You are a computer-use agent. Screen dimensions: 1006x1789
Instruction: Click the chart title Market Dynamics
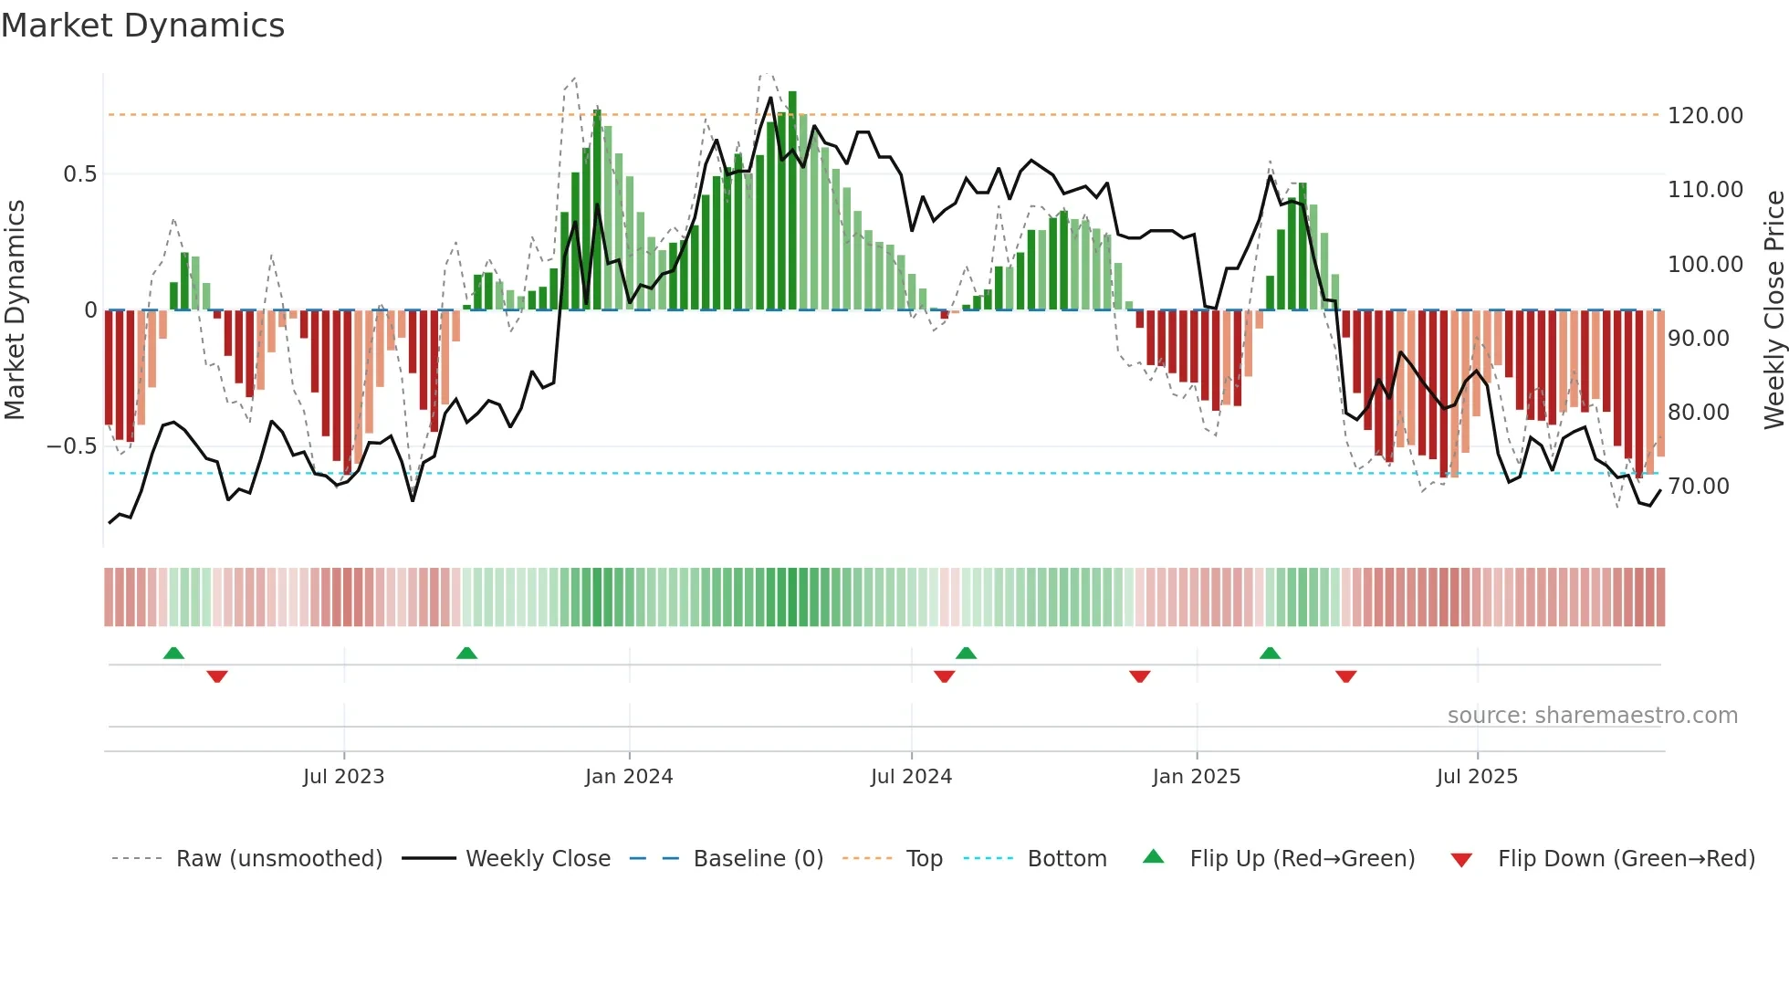point(143,26)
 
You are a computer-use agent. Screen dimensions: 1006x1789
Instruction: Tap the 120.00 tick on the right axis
point(1705,116)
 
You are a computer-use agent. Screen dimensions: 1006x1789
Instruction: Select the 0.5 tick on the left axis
point(79,174)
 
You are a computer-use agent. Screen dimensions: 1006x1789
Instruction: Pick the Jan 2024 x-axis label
point(629,777)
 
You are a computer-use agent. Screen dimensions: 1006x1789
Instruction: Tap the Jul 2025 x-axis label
point(1477,777)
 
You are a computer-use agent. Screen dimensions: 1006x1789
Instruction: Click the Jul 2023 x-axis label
point(343,777)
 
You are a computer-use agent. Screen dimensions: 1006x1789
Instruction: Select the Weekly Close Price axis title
point(1773,309)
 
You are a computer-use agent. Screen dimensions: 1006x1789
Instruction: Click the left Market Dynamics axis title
point(15,309)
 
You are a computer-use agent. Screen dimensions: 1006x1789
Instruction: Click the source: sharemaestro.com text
point(1592,716)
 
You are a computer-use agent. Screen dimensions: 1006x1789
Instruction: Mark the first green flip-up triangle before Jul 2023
point(173,653)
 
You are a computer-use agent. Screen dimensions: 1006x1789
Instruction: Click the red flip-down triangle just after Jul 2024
point(944,676)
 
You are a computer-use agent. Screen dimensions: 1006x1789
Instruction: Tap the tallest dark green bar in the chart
point(792,201)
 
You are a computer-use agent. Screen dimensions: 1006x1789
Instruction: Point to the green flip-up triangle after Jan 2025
point(1270,653)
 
